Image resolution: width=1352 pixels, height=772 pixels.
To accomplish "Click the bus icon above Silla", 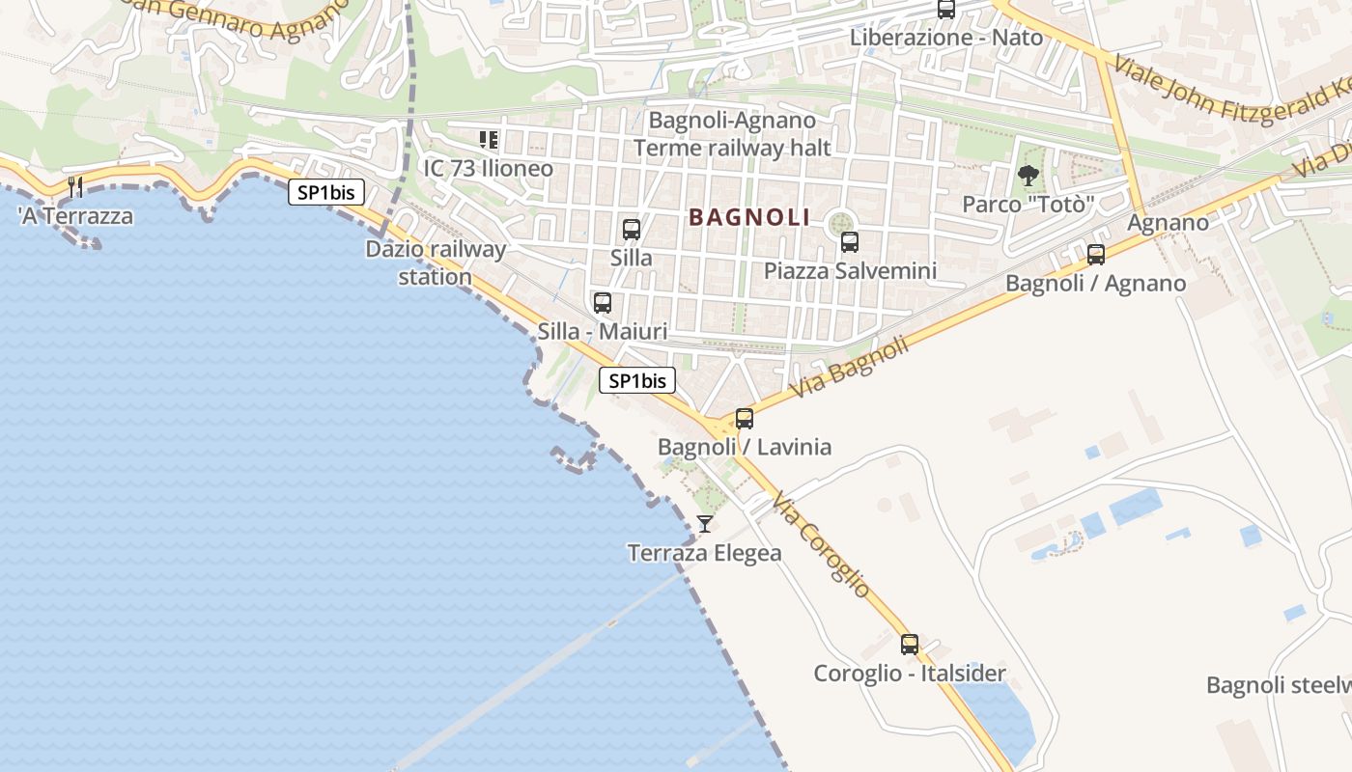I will click(632, 230).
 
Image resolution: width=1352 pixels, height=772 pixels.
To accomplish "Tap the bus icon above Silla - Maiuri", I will click(603, 303).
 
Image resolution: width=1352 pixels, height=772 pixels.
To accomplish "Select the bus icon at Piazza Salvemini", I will click(850, 242).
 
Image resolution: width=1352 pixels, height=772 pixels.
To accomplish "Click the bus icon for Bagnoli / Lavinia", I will click(745, 419).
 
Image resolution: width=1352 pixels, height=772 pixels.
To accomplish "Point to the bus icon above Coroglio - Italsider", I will click(910, 645).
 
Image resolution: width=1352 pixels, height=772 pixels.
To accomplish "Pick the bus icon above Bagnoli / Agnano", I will click(1096, 255).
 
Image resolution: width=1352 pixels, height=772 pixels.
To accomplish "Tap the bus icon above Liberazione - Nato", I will click(946, 10).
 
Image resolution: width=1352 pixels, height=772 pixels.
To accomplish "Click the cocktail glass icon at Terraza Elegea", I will click(705, 524).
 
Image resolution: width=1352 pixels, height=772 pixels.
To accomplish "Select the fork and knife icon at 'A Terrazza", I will click(75, 186).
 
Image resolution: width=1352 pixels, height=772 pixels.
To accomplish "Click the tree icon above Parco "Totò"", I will click(1028, 176).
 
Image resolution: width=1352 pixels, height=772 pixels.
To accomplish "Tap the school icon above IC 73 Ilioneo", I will click(489, 140).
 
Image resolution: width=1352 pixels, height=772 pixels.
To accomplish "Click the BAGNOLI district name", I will click(749, 218).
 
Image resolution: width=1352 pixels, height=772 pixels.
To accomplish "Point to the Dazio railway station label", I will click(436, 262).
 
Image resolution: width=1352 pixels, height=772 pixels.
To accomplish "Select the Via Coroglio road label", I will click(822, 544).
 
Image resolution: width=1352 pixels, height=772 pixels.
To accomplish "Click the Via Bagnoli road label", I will click(850, 367).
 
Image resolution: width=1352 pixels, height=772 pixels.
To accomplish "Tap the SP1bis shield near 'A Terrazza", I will click(326, 192).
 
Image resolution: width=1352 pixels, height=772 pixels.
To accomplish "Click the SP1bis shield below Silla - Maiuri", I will click(637, 381).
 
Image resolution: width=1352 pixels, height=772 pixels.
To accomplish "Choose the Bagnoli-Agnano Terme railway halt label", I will click(732, 134).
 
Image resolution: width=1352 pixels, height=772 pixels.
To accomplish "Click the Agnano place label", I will click(1169, 223).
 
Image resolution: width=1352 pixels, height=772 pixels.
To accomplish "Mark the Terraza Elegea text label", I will click(705, 554).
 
